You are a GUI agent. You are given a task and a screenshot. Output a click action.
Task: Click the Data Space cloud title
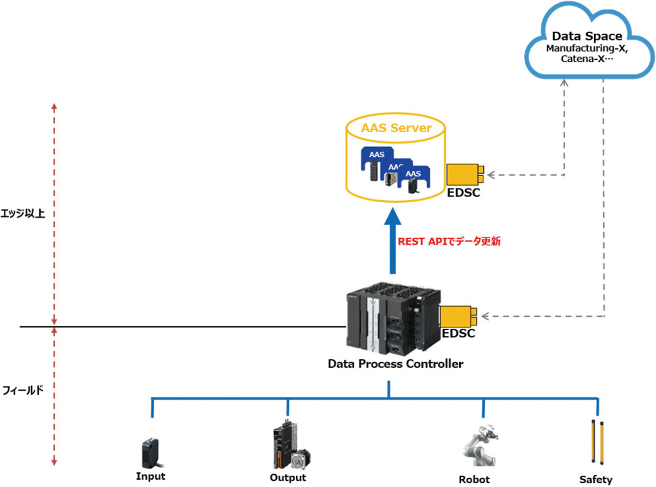[x=587, y=36]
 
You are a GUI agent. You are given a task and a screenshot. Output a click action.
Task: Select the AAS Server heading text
[x=396, y=128]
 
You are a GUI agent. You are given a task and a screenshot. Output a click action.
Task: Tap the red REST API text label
[x=449, y=241]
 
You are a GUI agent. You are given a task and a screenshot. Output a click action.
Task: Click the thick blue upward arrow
[x=392, y=242]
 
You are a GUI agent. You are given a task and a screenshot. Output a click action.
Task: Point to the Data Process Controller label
[x=395, y=364]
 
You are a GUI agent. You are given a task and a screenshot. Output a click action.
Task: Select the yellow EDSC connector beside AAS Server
[x=464, y=175]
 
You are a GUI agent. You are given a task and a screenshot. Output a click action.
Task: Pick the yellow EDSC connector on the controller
[x=458, y=316]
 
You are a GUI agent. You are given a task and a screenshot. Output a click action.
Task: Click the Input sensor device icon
[x=151, y=452]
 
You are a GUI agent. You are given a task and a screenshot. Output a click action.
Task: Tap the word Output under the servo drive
[x=288, y=478]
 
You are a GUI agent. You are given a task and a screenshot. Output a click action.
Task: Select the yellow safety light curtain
[x=597, y=442]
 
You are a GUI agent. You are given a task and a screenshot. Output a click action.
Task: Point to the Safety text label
[x=596, y=479]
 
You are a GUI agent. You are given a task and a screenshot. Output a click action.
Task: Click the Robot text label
[x=474, y=479]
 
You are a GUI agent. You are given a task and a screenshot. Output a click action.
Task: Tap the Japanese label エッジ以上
[x=23, y=213]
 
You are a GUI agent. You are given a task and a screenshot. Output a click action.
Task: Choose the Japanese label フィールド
[x=23, y=391]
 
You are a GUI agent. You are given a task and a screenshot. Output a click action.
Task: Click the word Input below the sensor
[x=150, y=476]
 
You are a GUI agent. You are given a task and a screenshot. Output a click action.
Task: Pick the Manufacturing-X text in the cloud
[x=587, y=48]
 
